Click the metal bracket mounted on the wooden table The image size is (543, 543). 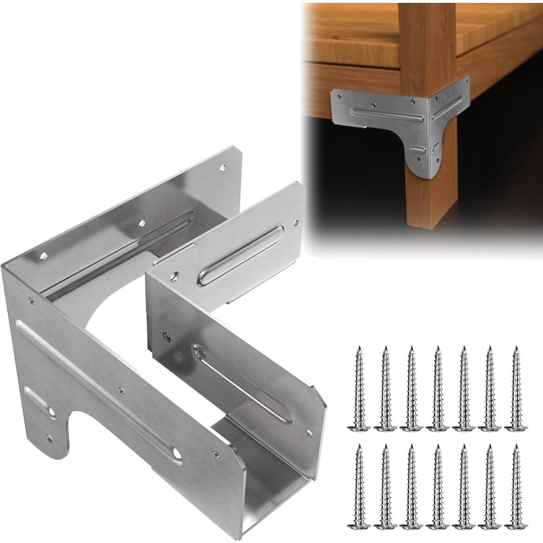click(x=402, y=125)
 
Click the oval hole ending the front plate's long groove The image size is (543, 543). click(x=177, y=452)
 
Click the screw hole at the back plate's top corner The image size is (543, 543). click(x=223, y=169)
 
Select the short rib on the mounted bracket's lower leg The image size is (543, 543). click(x=419, y=149)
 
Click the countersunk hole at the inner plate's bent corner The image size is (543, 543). click(x=174, y=276)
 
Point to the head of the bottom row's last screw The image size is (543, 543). click(x=515, y=525)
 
